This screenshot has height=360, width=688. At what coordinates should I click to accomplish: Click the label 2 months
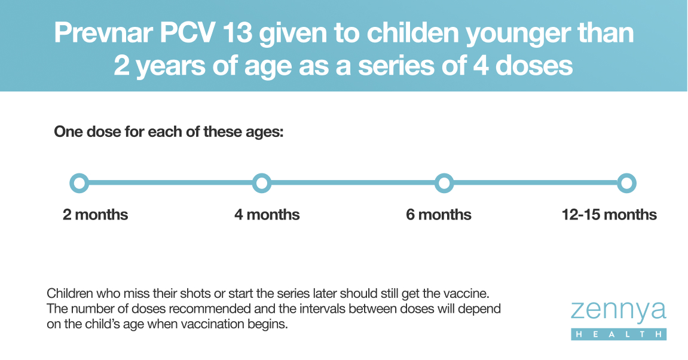coord(95,215)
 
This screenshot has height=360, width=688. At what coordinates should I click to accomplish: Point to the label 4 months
coord(267,215)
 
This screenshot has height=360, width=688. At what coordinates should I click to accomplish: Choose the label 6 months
coord(439,215)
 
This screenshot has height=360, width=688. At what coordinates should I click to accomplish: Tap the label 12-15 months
coord(609,215)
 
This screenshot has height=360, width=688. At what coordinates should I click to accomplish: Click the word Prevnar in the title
coord(103,33)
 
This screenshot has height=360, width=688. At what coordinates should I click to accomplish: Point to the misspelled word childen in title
coord(412,33)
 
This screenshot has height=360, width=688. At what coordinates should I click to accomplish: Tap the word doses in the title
coord(534,65)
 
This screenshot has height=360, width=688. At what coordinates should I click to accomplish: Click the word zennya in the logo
coord(619,312)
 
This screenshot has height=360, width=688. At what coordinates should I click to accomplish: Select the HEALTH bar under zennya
coord(619,334)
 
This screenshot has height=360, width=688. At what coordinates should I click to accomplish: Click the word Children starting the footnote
coord(70,293)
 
